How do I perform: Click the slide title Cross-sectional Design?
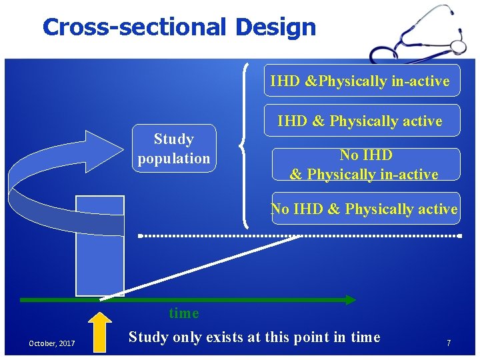point(179,27)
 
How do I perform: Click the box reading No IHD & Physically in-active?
point(366,165)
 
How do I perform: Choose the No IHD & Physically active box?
point(365,209)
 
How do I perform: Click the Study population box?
point(174,149)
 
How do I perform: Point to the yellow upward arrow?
point(100,331)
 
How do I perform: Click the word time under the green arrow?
point(184,313)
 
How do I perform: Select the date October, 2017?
point(51,343)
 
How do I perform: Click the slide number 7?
point(449,343)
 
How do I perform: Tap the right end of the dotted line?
point(459,236)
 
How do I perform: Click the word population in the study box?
point(174,159)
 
